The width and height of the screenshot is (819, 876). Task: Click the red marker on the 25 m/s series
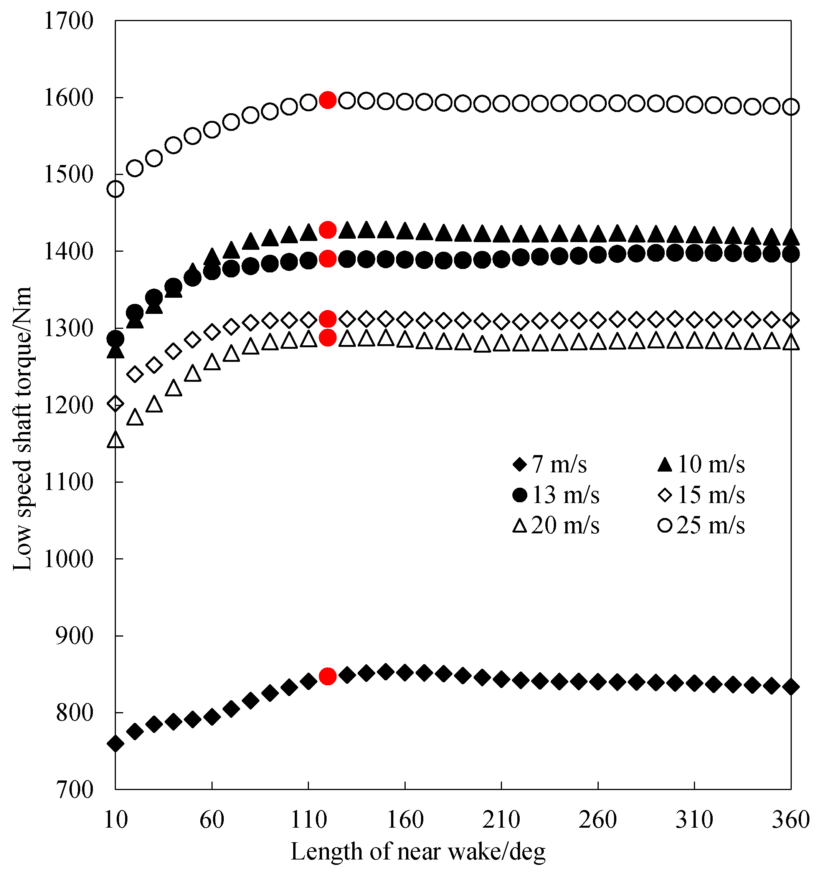coord(327,100)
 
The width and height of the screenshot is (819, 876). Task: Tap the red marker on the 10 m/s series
coord(327,229)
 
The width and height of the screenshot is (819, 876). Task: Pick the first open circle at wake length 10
coord(116,189)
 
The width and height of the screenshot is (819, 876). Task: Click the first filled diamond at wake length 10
coord(116,743)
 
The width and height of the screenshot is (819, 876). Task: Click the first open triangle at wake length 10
coord(116,440)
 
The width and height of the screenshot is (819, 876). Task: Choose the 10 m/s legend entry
coord(701,464)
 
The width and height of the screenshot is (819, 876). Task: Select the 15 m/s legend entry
coord(701,495)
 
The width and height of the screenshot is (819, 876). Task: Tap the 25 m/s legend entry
coord(701,525)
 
